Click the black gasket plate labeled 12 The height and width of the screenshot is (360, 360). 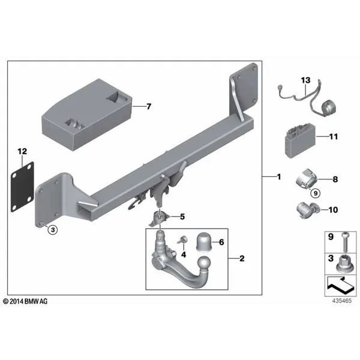tap(22, 187)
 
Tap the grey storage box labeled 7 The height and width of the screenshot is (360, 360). tap(87, 115)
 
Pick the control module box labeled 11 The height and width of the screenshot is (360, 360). tap(301, 141)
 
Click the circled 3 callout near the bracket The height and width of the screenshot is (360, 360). tap(53, 229)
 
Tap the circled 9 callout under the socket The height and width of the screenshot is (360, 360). tap(316, 193)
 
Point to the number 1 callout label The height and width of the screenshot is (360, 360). tap(279, 177)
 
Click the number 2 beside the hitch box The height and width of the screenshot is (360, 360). tap(242, 259)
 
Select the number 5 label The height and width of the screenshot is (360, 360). tap(182, 217)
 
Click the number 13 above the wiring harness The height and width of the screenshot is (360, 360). tap(305, 80)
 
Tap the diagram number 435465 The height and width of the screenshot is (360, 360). tap(341, 301)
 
